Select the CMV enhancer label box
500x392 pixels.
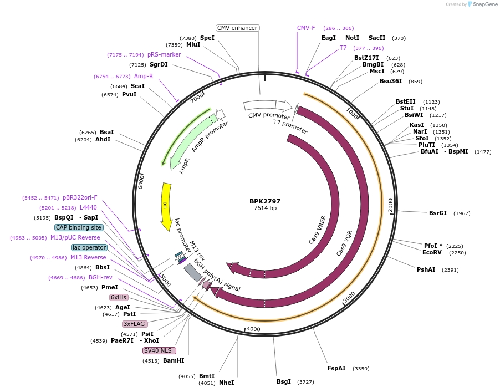click(x=238, y=28)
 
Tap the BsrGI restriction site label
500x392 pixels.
click(x=438, y=213)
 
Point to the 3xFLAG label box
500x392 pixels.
click(x=135, y=324)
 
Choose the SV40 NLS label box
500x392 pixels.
click(x=159, y=350)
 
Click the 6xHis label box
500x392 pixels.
click(x=119, y=297)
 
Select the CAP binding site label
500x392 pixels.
click(x=78, y=227)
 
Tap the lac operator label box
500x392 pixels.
click(x=89, y=247)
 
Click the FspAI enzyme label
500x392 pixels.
click(x=336, y=368)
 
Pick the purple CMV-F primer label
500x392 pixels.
click(x=306, y=28)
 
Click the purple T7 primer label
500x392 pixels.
click(x=343, y=48)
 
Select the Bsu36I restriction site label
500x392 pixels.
click(x=391, y=82)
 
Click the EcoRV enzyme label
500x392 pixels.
click(x=432, y=252)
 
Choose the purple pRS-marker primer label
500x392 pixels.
click(x=164, y=54)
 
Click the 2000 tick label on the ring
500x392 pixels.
click(x=391, y=204)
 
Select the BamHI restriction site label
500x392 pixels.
click(x=174, y=360)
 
